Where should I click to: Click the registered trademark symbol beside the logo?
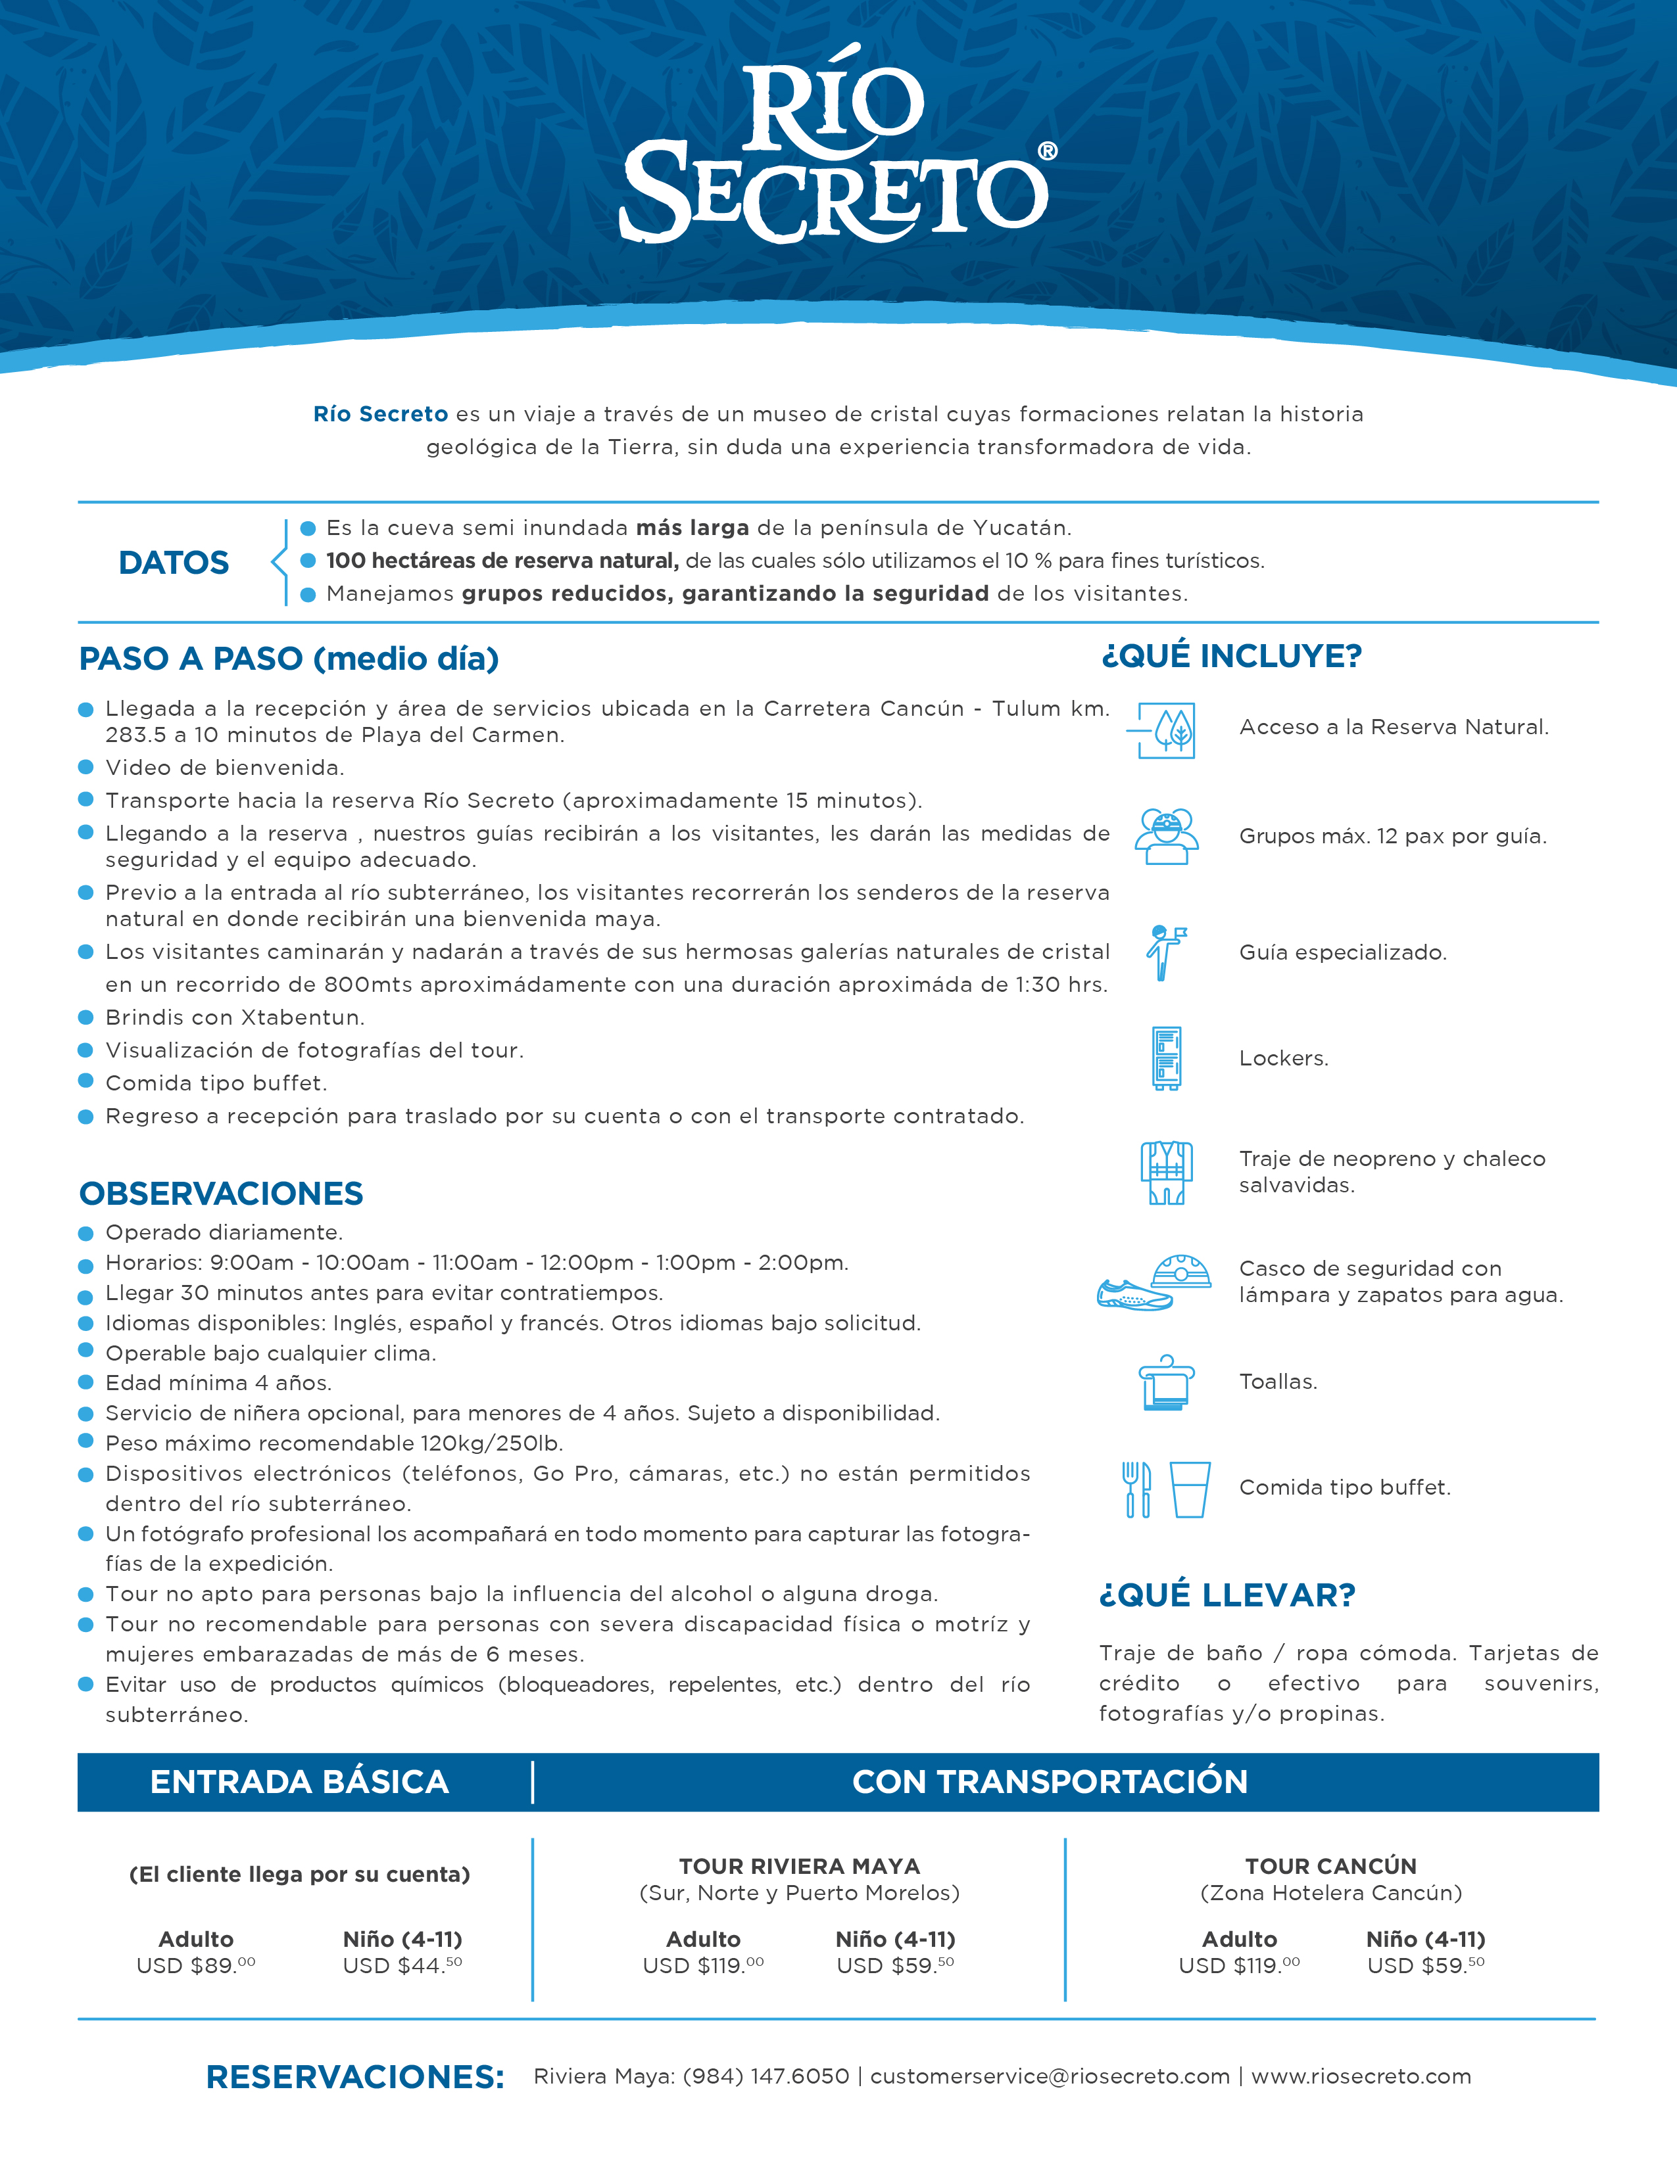(x=1047, y=151)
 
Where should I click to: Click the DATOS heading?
(x=174, y=563)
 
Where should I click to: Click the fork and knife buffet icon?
(x=1136, y=1489)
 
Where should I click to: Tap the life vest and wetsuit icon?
(x=1167, y=1172)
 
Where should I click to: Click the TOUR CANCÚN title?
(x=1331, y=1866)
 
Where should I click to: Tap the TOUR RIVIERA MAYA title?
(x=800, y=1866)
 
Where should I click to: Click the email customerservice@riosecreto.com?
(x=1050, y=2076)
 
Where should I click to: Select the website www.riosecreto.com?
(x=1361, y=2076)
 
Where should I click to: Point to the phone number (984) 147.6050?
(x=766, y=2076)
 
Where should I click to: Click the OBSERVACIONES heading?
(x=222, y=1194)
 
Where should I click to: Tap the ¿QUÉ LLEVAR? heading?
(x=1228, y=1595)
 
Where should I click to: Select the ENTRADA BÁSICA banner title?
(x=299, y=1782)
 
